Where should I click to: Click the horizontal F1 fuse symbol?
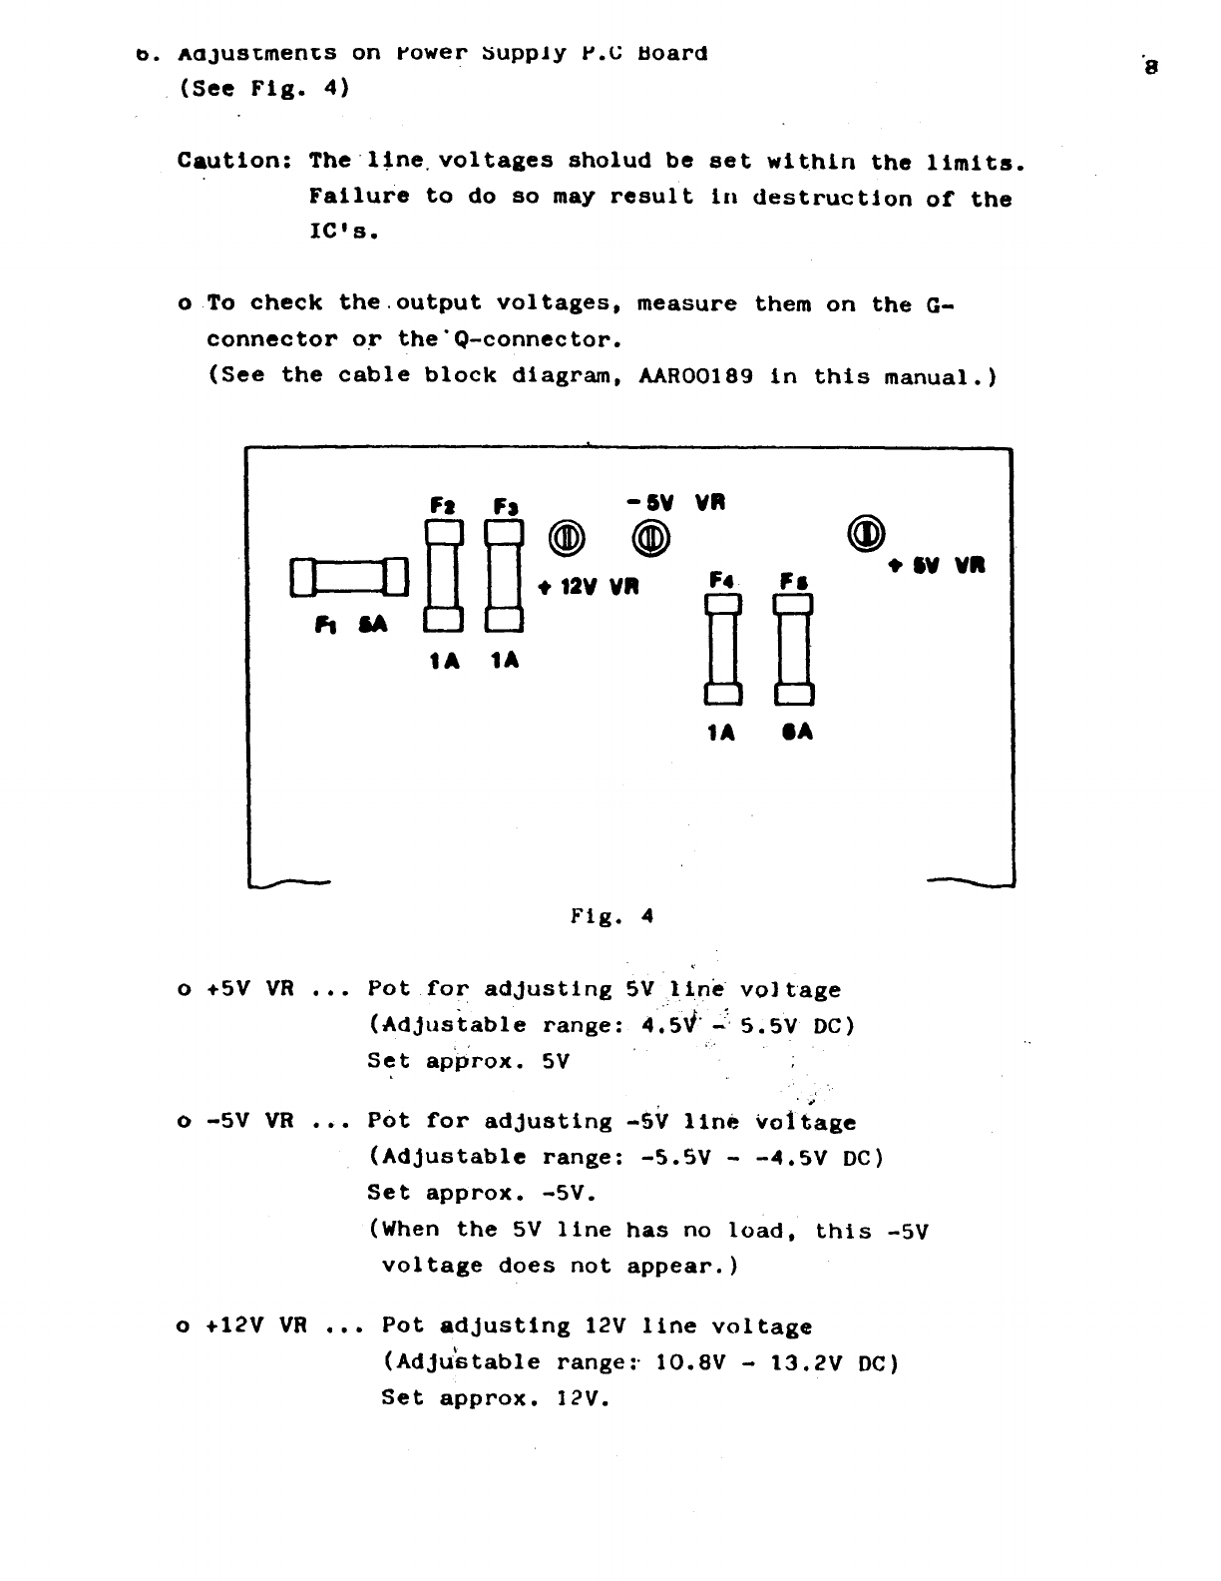(x=349, y=577)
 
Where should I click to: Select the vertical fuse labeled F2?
(x=443, y=578)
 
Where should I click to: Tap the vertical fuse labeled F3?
(x=505, y=578)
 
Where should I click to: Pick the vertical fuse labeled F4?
(x=723, y=648)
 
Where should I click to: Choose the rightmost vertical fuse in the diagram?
(x=795, y=648)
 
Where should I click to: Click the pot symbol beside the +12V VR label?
(x=566, y=538)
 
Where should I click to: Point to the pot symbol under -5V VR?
(x=650, y=538)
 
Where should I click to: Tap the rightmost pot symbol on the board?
(x=866, y=532)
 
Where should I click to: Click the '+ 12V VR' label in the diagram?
(x=588, y=586)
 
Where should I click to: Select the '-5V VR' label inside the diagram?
(x=676, y=503)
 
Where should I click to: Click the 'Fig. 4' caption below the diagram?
(x=611, y=915)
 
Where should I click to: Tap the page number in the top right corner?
(x=1151, y=68)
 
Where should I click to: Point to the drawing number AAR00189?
(x=695, y=376)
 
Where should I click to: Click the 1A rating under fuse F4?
(x=721, y=733)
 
